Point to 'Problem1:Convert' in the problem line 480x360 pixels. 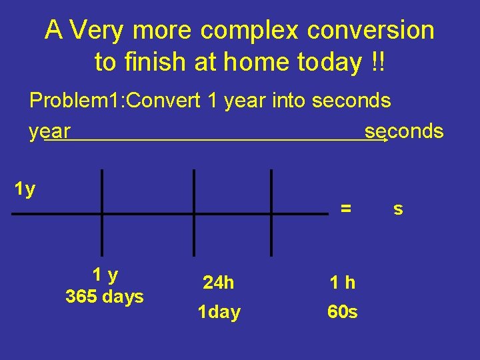tap(115, 101)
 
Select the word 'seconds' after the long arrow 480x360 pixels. tap(404, 131)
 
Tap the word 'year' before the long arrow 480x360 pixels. tap(50, 131)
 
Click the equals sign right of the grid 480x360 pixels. tap(346, 208)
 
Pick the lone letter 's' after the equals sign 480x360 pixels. tap(398, 209)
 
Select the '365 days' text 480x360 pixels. tap(105, 297)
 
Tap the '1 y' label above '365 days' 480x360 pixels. tap(105, 275)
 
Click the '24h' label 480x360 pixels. tap(219, 283)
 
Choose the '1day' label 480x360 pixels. tap(219, 312)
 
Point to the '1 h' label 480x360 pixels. tap(343, 283)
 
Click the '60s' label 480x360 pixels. tap(343, 312)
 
